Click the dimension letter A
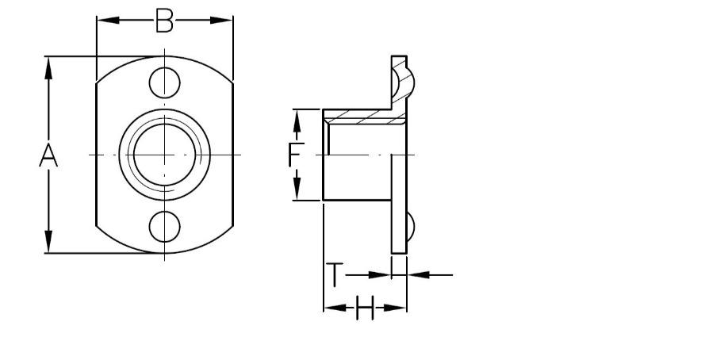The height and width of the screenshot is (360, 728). [48, 155]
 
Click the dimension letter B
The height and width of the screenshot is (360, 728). [164, 21]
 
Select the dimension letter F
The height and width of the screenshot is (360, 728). [296, 155]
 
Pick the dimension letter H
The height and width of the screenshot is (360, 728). [365, 308]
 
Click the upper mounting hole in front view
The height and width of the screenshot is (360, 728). [164, 82]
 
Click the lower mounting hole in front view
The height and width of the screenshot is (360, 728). [164, 227]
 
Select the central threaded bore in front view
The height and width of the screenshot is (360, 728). [164, 155]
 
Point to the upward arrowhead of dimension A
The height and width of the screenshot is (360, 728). [48, 67]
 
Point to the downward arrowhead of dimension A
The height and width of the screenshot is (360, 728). [48, 242]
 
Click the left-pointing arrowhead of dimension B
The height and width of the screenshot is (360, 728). [108, 20]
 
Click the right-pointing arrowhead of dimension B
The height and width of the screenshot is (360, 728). [221, 20]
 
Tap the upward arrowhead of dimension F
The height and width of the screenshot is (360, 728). [297, 121]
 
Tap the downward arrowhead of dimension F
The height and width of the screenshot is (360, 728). [297, 190]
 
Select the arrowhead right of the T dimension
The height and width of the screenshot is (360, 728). [418, 275]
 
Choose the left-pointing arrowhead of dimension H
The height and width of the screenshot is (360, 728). [335, 308]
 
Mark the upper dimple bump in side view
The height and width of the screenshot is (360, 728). [403, 82]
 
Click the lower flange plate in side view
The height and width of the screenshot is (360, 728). [399, 204]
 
